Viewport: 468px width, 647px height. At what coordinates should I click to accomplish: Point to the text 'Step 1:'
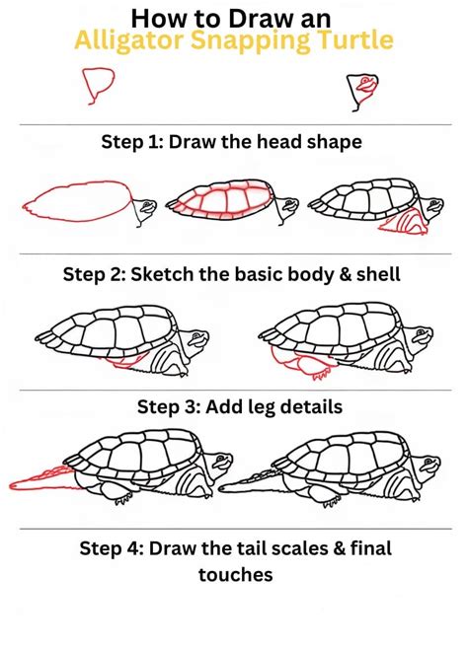(132, 142)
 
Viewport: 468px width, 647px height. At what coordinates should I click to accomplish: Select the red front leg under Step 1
(402, 226)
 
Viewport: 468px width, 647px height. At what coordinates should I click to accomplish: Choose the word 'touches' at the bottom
(234, 574)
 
